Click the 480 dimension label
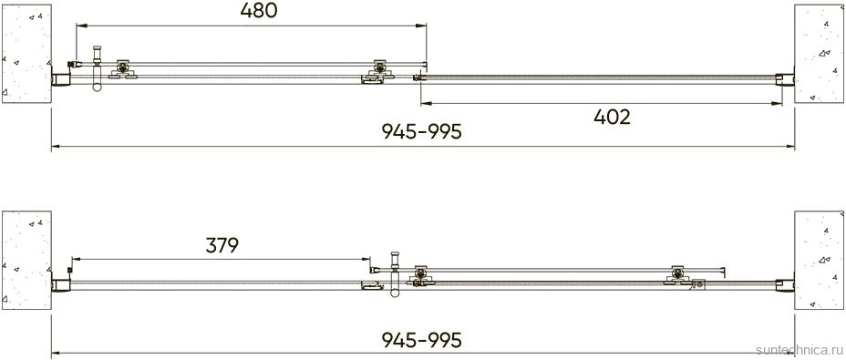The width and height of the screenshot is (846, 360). click(258, 11)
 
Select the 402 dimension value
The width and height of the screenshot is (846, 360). click(612, 117)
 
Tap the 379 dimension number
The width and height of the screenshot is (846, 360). click(222, 245)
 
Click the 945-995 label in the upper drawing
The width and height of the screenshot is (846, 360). click(422, 131)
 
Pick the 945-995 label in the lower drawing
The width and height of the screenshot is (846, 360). click(422, 340)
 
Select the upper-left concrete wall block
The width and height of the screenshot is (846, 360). click(26, 54)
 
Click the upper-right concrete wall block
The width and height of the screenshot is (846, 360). click(819, 54)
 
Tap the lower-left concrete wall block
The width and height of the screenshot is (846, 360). click(26, 261)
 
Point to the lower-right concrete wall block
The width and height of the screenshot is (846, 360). click(819, 261)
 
